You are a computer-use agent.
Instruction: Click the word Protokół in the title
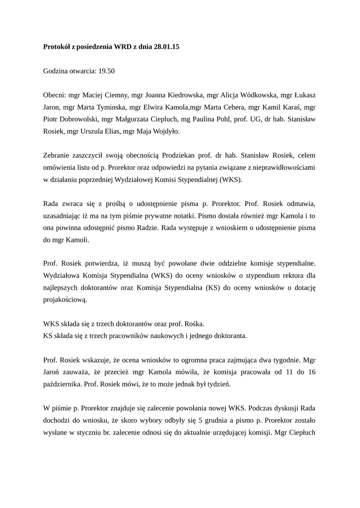(x=57, y=48)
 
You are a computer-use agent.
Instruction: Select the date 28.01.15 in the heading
(x=166, y=48)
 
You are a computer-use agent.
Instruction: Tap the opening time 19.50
(x=107, y=71)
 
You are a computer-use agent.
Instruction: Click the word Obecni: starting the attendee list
(x=55, y=95)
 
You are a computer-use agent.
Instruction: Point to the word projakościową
(x=66, y=300)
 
